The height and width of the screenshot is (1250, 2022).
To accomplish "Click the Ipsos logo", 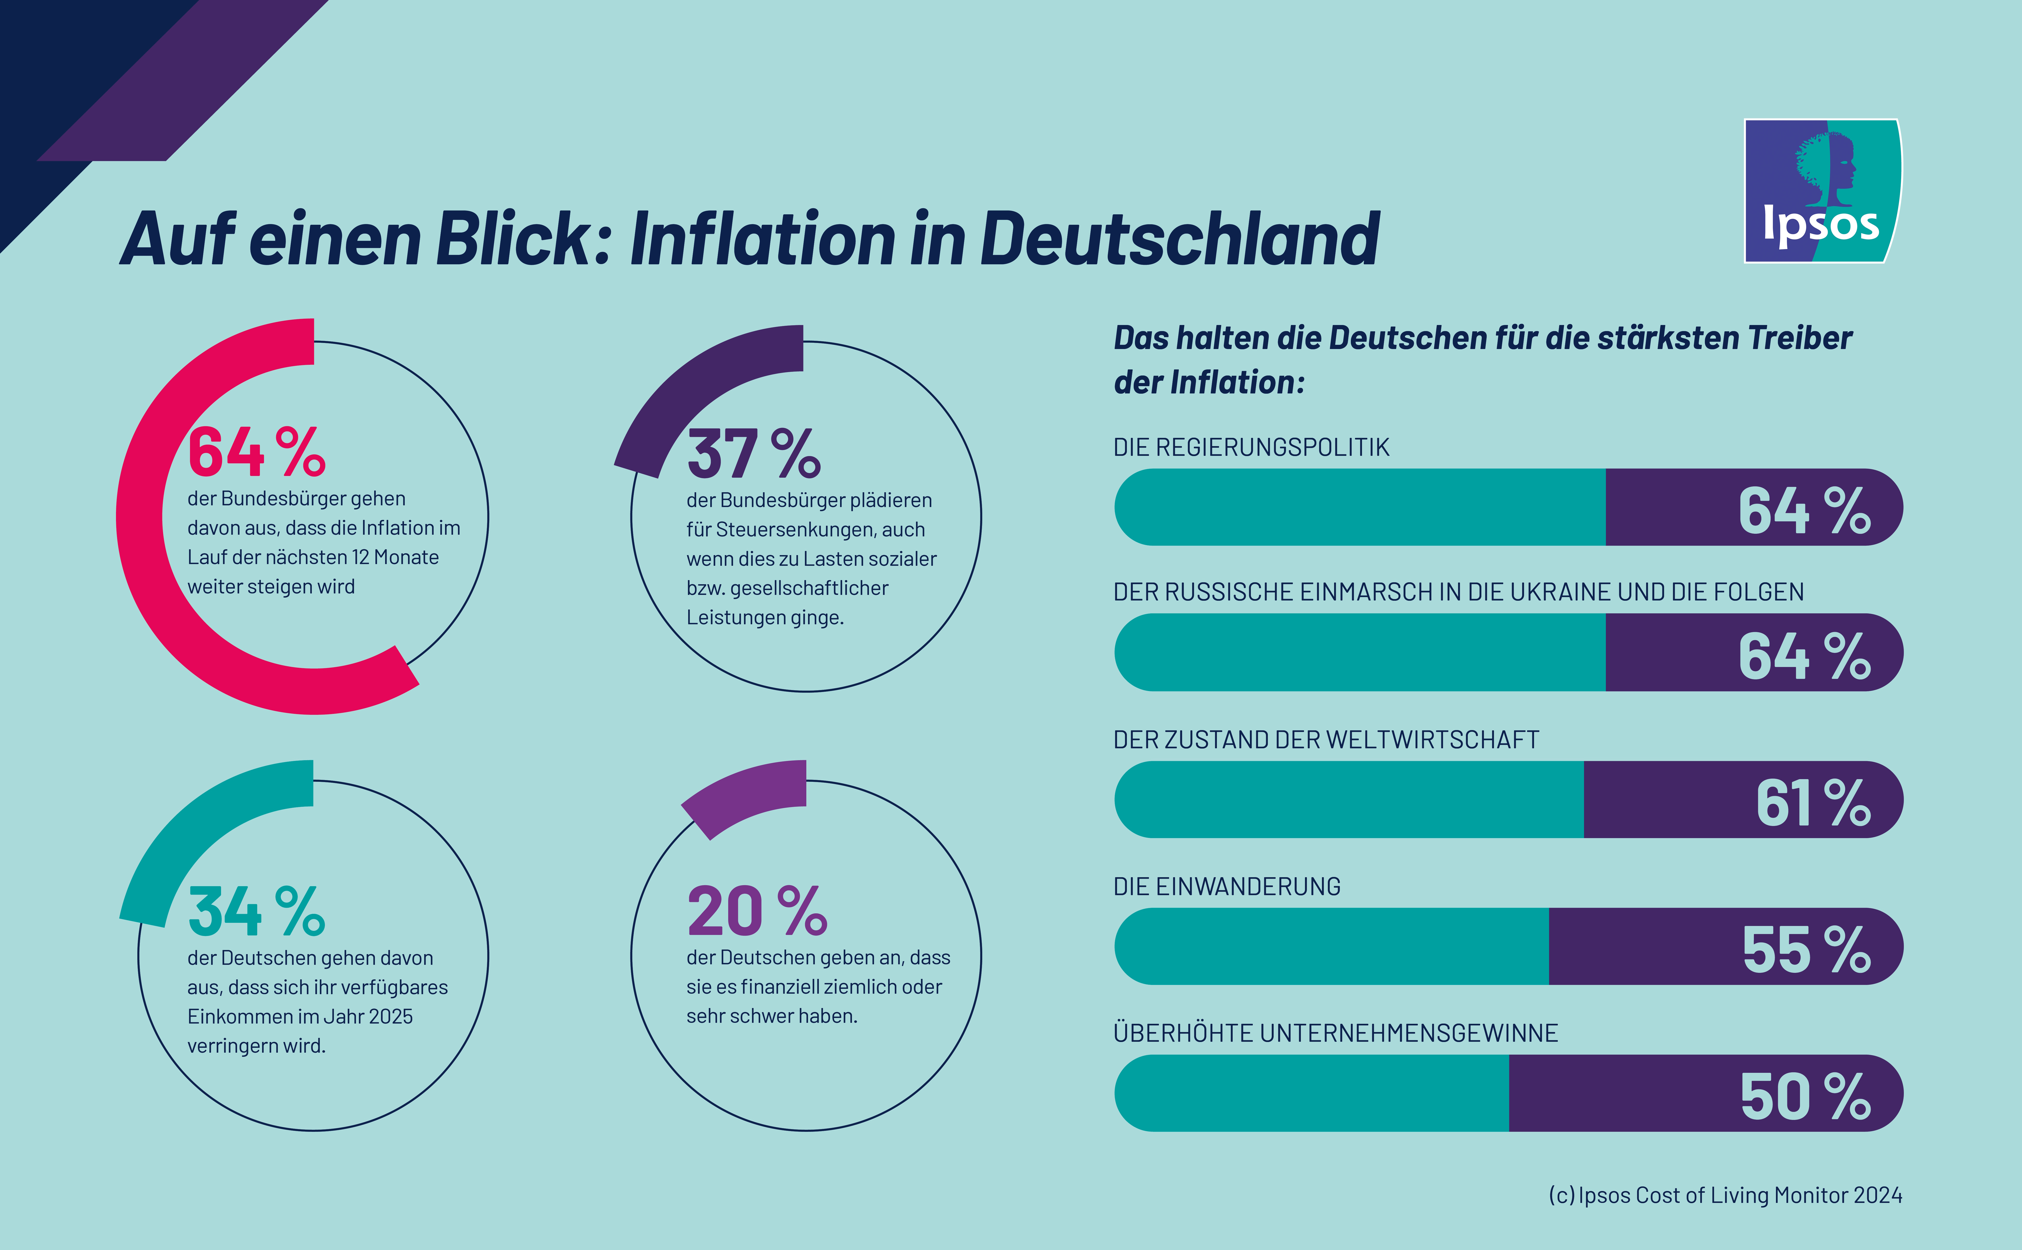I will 1822,191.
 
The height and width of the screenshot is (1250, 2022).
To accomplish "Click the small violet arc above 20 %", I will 744,798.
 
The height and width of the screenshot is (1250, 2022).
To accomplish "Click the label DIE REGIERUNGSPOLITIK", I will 1251,447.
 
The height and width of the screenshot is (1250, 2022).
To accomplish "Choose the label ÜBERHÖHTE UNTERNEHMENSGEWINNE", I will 1335,1033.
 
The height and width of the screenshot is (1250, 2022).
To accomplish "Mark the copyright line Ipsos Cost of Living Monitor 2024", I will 1725,1195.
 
